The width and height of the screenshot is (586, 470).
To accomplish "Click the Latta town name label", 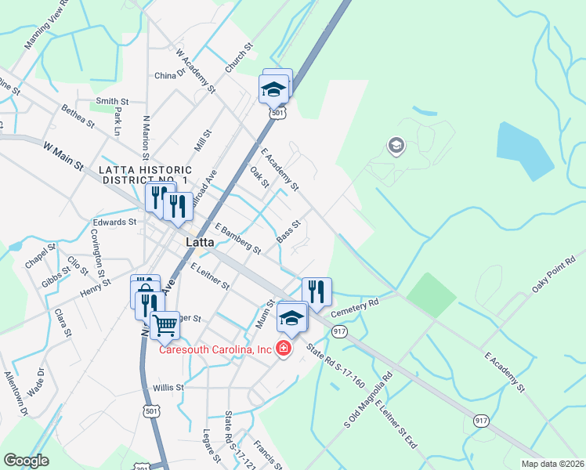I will tap(201, 243).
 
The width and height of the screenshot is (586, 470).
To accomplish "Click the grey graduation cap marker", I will tap(396, 146).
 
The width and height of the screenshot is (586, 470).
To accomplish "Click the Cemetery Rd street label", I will tap(355, 306).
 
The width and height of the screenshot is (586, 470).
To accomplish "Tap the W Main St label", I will tap(63, 154).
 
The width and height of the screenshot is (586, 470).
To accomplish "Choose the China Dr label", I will tap(169, 76).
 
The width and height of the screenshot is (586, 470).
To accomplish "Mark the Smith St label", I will tap(112, 101).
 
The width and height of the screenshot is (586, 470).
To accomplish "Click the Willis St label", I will tap(168, 387).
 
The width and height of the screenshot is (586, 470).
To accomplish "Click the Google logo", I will tap(26, 461).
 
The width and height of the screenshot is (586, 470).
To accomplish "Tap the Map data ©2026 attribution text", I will tap(552, 464).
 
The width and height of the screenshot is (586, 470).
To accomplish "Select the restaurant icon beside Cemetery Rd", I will tap(317, 292).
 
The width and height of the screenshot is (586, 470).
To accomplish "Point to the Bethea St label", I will tap(78, 117).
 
